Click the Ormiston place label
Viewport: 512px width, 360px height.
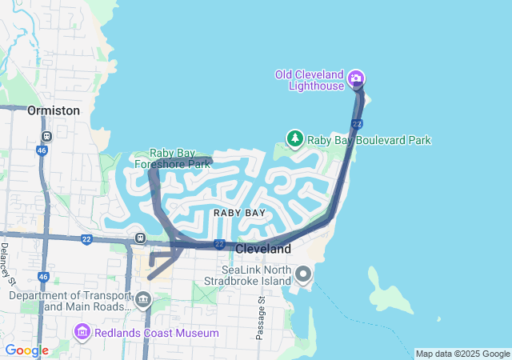click(x=53, y=110)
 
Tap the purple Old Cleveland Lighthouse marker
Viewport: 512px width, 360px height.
click(x=356, y=79)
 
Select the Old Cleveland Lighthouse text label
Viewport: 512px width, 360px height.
click(x=310, y=80)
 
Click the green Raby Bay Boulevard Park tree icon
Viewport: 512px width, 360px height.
click(x=295, y=139)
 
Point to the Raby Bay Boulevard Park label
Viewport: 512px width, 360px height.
click(x=370, y=140)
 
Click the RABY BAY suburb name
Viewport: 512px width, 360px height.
click(x=239, y=213)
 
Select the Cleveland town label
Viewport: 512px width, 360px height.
click(x=264, y=249)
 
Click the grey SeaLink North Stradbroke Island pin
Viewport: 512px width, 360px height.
click(x=303, y=275)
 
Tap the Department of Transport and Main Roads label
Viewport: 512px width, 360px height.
click(x=71, y=301)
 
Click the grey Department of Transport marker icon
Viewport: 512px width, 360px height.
click(x=143, y=301)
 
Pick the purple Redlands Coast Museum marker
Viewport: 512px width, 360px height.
click(x=82, y=332)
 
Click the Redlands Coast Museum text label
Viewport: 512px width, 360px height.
click(x=157, y=333)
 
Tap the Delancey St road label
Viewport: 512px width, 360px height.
click(x=7, y=262)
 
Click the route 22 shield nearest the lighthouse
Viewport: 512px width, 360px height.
click(x=357, y=124)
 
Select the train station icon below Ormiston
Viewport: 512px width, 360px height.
click(x=46, y=136)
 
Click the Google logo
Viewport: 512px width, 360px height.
click(x=26, y=350)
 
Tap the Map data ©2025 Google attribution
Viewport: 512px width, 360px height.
click(x=462, y=354)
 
